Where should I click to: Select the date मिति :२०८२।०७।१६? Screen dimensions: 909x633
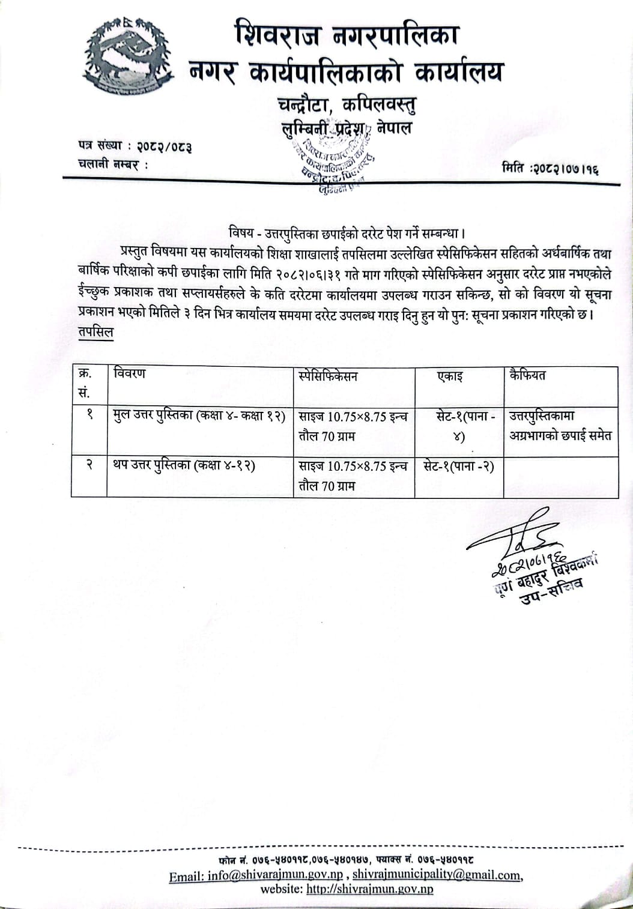(551, 169)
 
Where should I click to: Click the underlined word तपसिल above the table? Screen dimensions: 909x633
(95, 333)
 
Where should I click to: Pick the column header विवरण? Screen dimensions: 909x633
(130, 373)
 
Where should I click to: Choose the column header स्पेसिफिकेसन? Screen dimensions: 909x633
(328, 376)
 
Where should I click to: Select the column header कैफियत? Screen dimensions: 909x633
(527, 375)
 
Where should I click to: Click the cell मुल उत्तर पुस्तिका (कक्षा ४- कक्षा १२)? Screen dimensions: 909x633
(199, 415)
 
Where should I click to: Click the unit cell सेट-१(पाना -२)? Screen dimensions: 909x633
(458, 467)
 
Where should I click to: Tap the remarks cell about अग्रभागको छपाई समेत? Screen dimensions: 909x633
(560, 426)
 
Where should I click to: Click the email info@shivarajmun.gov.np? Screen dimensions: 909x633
(275, 875)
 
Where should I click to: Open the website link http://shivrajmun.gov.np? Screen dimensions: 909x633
(369, 889)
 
